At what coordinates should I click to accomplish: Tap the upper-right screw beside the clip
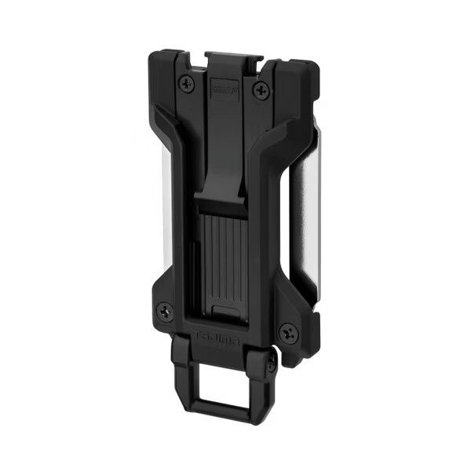coord(257,92)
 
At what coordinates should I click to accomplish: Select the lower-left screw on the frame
coord(163,311)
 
